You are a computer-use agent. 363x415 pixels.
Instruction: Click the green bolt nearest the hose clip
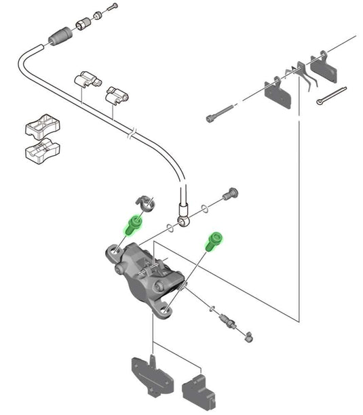pyautogui.click(x=134, y=224)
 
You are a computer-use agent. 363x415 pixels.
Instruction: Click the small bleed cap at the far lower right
pyautogui.click(x=249, y=336)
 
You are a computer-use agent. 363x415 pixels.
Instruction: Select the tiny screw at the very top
pyautogui.click(x=113, y=8)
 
